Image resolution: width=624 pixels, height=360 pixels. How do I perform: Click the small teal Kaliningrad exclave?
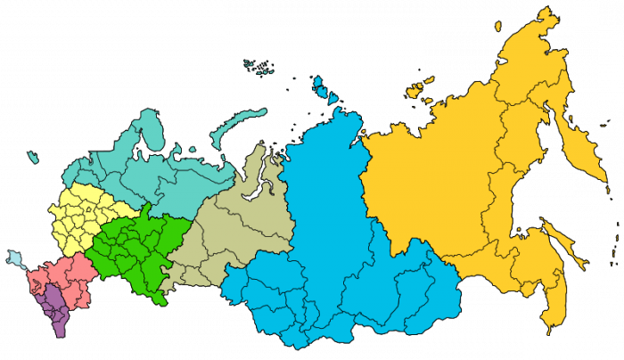tap(33, 158)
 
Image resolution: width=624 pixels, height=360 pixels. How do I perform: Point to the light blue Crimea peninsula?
tap(17, 259)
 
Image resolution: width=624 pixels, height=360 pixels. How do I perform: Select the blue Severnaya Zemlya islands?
tap(323, 86)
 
